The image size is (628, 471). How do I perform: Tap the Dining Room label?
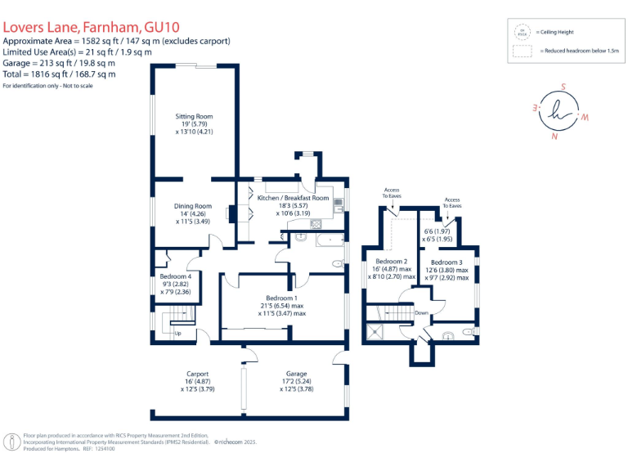click(194, 206)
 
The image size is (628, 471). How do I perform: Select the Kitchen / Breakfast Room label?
click(293, 198)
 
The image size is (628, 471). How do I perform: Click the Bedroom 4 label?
click(175, 276)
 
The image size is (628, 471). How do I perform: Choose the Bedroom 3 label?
click(446, 262)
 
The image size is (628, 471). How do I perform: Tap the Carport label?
click(197, 374)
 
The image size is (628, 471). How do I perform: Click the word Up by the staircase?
click(177, 334)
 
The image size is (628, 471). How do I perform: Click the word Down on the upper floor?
click(421, 312)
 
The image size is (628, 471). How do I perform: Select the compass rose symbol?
click(561, 112)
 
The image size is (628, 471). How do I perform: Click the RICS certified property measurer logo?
click(13, 442)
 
